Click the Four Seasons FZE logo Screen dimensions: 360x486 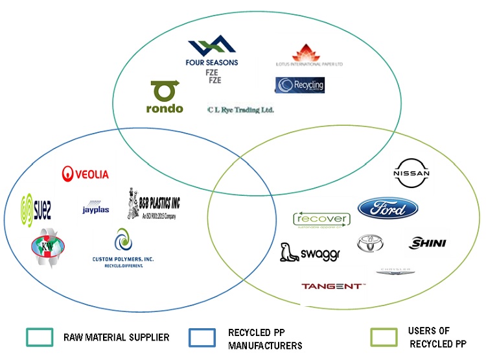click(213, 57)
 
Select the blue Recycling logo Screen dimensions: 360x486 click(299, 85)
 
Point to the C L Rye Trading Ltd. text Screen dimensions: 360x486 click(240, 110)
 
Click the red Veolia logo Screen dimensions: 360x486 click(85, 174)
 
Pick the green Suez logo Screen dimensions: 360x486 click(36, 208)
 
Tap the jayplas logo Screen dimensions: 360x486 click(97, 206)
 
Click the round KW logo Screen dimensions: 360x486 click(48, 252)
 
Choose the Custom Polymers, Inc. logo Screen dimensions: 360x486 click(122, 249)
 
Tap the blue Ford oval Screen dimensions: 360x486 click(388, 209)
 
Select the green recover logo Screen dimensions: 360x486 click(321, 220)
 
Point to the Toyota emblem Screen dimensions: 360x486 click(371, 243)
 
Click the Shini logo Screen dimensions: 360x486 click(428, 243)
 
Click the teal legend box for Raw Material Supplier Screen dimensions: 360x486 click(40, 337)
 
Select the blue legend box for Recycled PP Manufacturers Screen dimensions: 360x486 click(202, 337)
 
